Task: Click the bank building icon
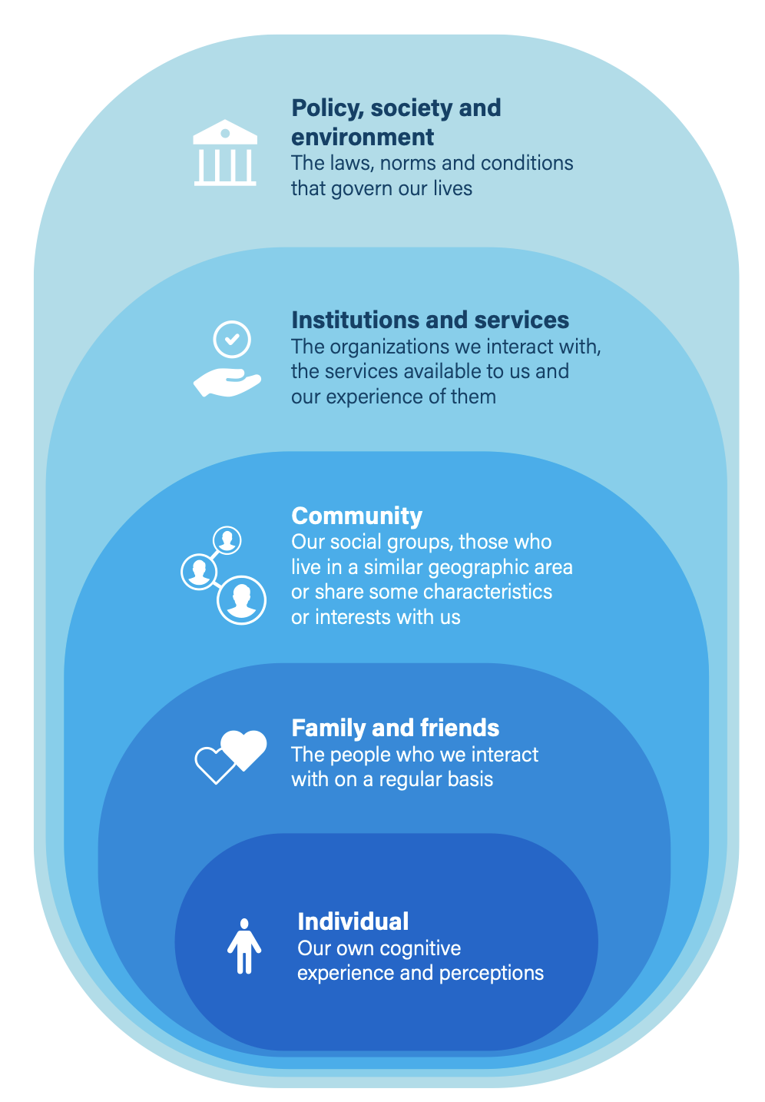225,152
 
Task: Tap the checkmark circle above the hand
231,339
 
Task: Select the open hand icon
227,382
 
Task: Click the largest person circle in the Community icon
241,599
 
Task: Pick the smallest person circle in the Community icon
227,539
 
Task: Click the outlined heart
214,765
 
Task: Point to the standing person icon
243,945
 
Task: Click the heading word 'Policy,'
327,108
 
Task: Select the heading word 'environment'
363,137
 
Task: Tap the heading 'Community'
356,516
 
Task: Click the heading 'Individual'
353,921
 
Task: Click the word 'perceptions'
491,974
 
